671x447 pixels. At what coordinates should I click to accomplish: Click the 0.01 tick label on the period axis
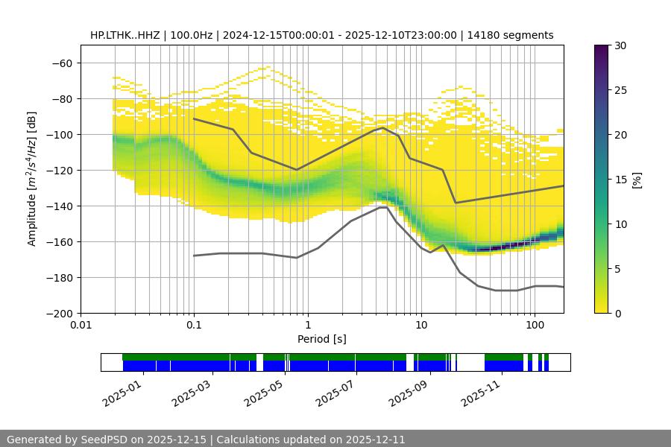(x=81, y=325)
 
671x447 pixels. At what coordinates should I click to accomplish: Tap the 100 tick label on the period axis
(x=534, y=325)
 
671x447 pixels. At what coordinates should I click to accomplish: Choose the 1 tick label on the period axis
(x=307, y=325)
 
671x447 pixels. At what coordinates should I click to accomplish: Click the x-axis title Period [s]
(x=322, y=339)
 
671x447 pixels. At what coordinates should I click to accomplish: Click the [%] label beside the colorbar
(x=637, y=180)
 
